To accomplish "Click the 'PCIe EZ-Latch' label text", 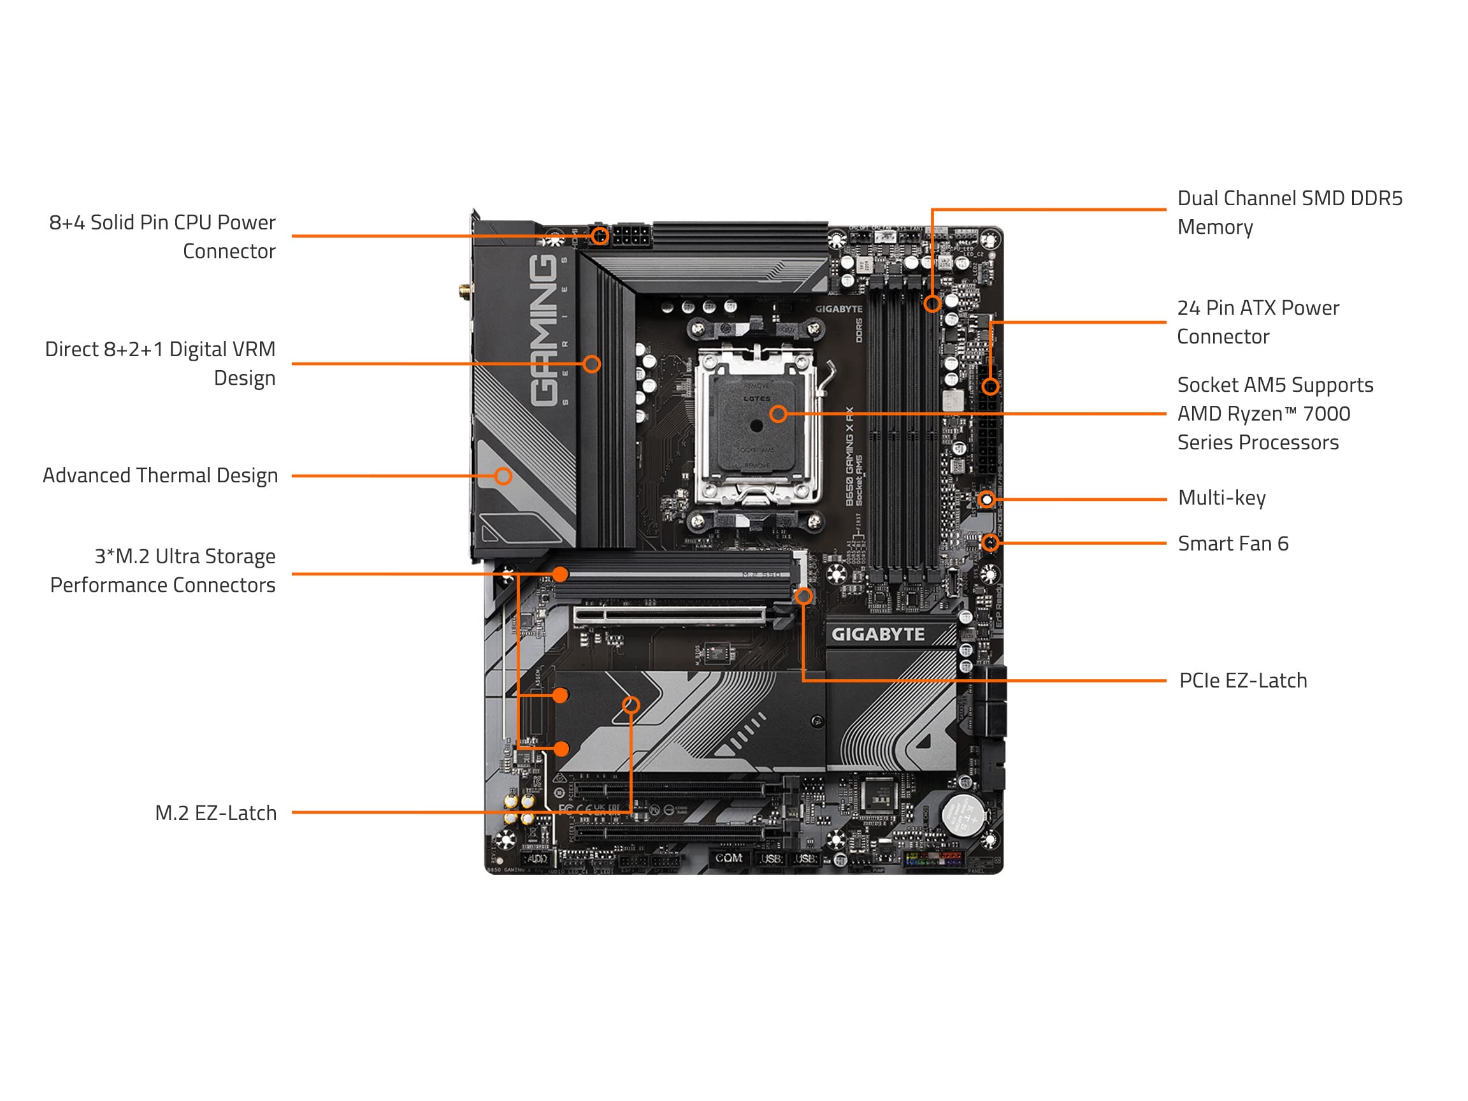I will (x=1242, y=681).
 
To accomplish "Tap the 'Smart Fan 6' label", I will (x=1232, y=543).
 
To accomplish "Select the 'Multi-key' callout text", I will (x=1221, y=498).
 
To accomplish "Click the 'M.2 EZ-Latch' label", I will (x=216, y=813).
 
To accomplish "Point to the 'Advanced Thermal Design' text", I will (x=160, y=476).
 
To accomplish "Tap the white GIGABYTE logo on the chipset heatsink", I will (x=877, y=635).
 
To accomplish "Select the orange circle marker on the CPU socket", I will (x=778, y=414).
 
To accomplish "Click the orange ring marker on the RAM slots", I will (x=932, y=304).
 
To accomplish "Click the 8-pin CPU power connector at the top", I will (x=631, y=236).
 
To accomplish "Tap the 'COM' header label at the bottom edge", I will (x=729, y=858).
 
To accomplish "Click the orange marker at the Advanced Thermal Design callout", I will (x=503, y=476).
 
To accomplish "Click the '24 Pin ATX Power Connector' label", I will (x=1258, y=322).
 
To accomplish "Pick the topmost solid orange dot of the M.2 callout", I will (x=560, y=573).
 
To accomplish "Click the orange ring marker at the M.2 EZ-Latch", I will (x=631, y=705).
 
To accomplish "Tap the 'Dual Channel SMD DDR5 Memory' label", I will (x=1289, y=212).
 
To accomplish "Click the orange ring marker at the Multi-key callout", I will (x=987, y=499).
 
